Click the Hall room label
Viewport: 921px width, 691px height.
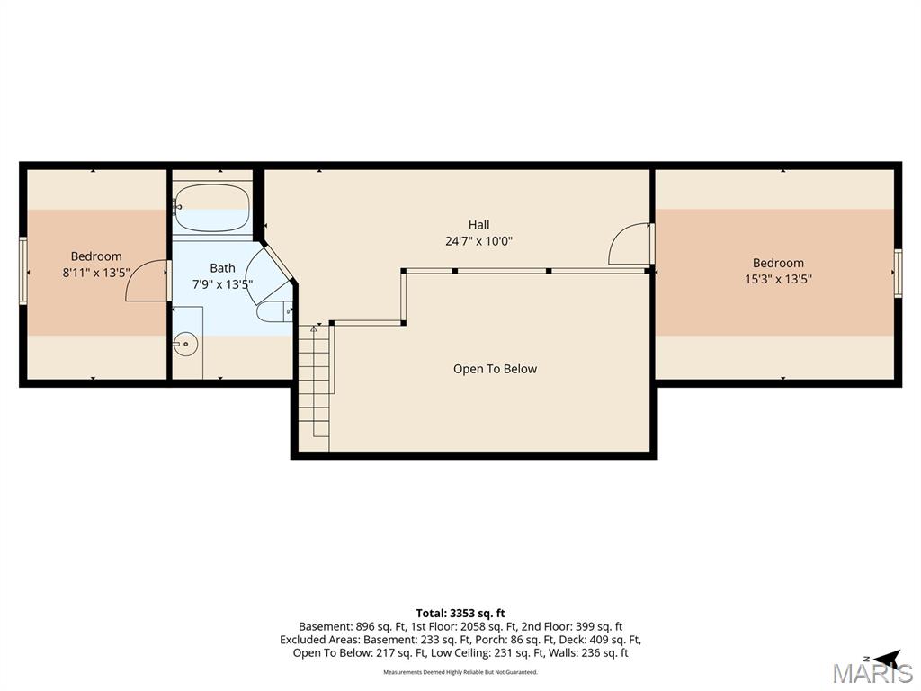pyautogui.click(x=478, y=224)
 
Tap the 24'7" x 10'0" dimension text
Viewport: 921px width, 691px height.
pyautogui.click(x=478, y=241)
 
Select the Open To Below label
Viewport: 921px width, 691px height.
pyautogui.click(x=495, y=369)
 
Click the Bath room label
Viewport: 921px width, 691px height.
pyautogui.click(x=223, y=268)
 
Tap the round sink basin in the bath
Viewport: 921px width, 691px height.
pyautogui.click(x=186, y=344)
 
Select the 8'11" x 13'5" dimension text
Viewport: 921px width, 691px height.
pyautogui.click(x=96, y=273)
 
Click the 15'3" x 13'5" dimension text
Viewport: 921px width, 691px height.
pyautogui.click(x=778, y=279)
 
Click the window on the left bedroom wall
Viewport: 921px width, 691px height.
pyautogui.click(x=22, y=270)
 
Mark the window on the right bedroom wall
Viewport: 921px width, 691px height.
pyautogui.click(x=899, y=274)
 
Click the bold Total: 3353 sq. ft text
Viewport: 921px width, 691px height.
pyautogui.click(x=460, y=614)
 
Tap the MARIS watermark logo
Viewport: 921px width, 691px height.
pyautogui.click(x=872, y=673)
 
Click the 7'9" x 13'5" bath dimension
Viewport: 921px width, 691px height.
pyautogui.click(x=223, y=284)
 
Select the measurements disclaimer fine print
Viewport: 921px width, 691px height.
pyautogui.click(x=460, y=672)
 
